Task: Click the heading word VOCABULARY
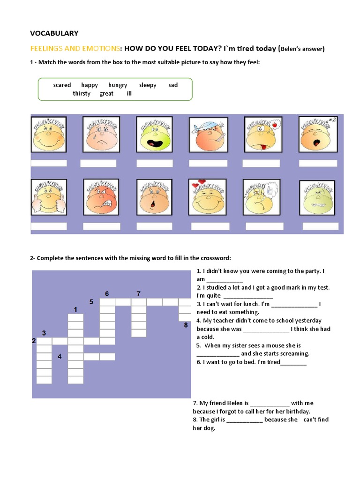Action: tap(54, 33)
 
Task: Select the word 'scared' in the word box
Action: tap(62, 85)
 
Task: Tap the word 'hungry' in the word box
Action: tap(118, 85)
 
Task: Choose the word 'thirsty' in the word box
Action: tap(82, 93)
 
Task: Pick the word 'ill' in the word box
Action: tap(129, 93)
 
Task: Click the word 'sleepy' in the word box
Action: tap(148, 85)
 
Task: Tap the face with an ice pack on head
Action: tap(208, 135)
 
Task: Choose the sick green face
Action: tap(317, 197)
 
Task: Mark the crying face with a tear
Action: tap(101, 135)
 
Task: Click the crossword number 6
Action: tap(107, 294)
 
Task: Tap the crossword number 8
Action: tap(186, 325)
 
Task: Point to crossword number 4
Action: tap(60, 356)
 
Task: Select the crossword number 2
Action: tap(34, 341)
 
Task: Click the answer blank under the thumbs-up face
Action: tap(49, 226)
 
